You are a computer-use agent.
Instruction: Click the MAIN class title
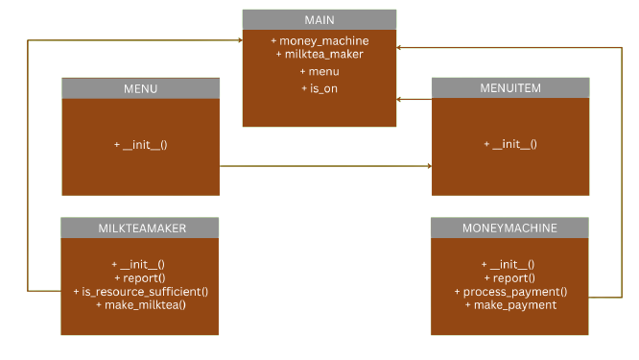coord(319,19)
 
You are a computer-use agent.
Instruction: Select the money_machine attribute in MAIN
coord(319,41)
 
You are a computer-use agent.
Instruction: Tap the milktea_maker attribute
coord(319,55)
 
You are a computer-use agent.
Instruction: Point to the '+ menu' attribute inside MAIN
coord(319,71)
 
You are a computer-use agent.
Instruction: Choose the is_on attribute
coord(319,88)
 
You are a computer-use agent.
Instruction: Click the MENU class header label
coord(140,88)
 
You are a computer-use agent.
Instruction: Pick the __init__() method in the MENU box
coord(141,144)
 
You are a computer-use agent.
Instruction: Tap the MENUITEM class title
coord(509,88)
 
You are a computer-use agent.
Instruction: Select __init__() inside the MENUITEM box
coord(509,144)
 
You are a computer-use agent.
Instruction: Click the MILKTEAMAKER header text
coord(140,228)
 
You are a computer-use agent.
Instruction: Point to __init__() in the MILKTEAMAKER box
coord(140,264)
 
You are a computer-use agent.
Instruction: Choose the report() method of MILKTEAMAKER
coord(140,277)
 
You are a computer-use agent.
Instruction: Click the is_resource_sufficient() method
coord(140,291)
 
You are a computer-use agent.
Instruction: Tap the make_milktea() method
coord(140,304)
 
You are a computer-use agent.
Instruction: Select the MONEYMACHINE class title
coord(509,228)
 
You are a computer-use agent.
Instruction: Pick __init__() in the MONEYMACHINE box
coord(509,264)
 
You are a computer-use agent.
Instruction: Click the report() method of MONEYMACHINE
coord(509,277)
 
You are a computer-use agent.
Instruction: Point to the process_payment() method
coord(509,291)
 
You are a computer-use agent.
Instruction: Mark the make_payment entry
coord(509,304)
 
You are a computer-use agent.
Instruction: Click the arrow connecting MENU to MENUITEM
coord(326,166)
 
